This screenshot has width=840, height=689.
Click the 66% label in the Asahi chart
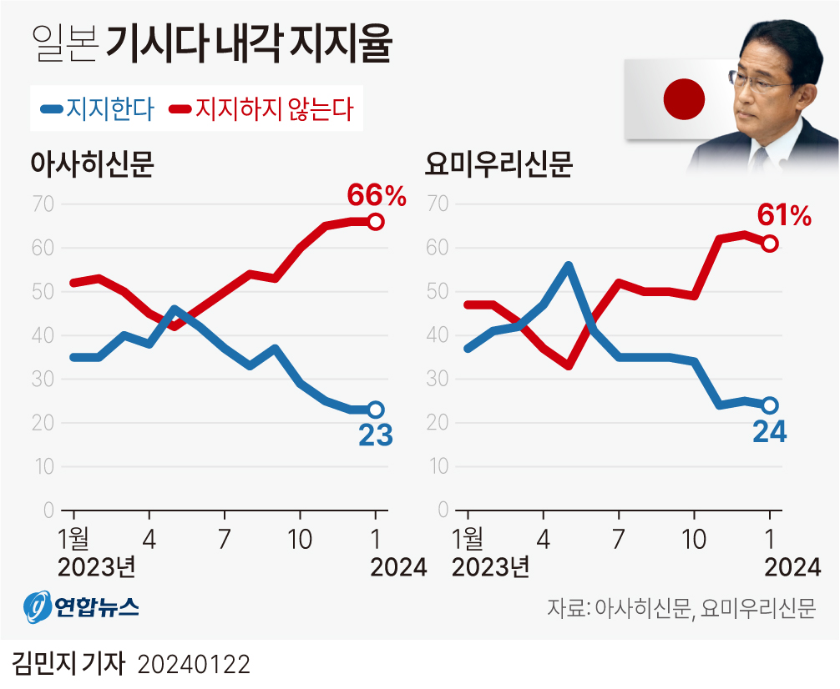(x=377, y=196)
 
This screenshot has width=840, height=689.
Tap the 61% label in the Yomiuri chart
(x=784, y=217)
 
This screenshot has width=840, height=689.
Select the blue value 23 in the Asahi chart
(x=376, y=435)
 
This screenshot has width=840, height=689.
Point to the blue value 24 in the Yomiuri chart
(x=770, y=431)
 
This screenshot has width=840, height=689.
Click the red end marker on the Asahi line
(x=376, y=222)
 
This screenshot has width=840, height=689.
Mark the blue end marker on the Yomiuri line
(x=770, y=405)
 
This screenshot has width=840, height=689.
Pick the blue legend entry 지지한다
(x=98, y=109)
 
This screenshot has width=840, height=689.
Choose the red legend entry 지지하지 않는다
(x=262, y=109)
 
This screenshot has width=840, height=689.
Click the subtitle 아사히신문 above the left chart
(x=93, y=163)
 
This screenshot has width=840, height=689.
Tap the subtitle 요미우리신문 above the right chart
(x=498, y=163)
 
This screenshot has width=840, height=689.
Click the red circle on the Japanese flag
(x=684, y=98)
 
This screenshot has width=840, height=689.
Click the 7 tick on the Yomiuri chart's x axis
(x=618, y=538)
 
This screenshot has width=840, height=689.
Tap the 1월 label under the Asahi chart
(x=73, y=538)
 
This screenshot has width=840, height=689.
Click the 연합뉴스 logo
(x=80, y=607)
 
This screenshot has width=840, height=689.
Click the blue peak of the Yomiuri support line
(x=568, y=266)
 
